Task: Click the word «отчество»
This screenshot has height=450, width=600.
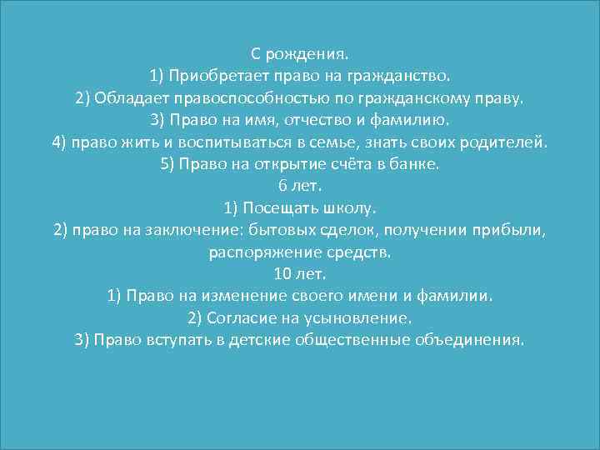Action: (x=325, y=120)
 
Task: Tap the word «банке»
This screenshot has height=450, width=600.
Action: (x=416, y=164)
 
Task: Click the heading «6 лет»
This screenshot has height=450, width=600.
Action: (x=300, y=186)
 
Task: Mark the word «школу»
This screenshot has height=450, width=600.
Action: (x=353, y=207)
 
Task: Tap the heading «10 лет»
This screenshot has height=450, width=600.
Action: (x=300, y=273)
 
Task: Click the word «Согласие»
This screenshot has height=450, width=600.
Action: (x=238, y=317)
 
